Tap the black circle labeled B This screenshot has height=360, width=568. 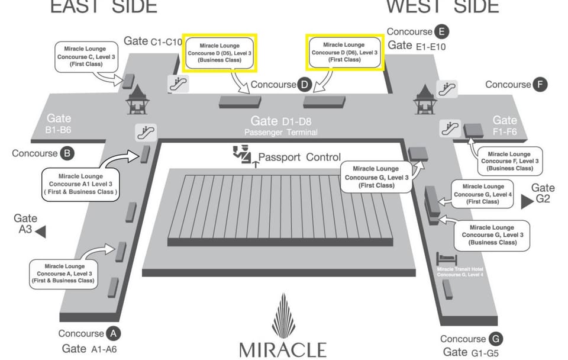point(67,153)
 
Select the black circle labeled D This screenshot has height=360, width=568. point(304,85)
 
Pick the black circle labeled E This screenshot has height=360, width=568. point(441,31)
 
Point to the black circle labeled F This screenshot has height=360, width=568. point(539,85)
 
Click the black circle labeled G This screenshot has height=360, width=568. point(496,339)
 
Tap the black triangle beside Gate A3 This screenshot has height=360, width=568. point(41,232)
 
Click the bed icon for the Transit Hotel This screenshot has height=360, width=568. point(446,259)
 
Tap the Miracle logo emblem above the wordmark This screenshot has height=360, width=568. point(283,316)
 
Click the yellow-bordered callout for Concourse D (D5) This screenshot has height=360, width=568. point(220,53)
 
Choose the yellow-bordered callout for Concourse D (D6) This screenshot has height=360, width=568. point(344,52)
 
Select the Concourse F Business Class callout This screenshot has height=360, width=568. point(509,160)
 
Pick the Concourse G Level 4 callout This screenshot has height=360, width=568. point(482,194)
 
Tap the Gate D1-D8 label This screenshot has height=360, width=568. point(281,121)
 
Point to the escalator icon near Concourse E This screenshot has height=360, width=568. point(447,89)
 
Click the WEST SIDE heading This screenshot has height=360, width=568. point(443,7)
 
